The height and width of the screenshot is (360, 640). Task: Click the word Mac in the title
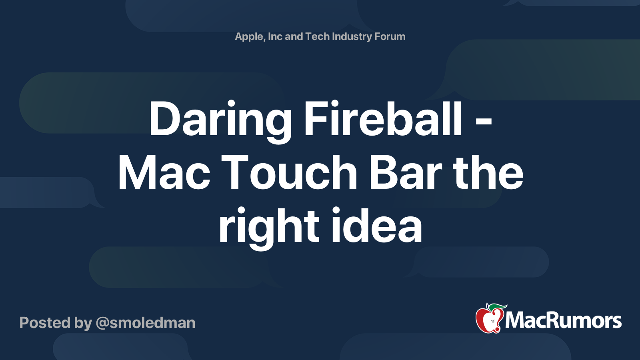pos(164,173)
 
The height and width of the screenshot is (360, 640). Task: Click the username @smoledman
pos(146,323)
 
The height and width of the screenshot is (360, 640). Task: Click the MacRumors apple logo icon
pos(489,320)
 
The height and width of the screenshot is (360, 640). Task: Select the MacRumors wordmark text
pos(563,321)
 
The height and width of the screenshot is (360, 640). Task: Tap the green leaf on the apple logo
pos(496,307)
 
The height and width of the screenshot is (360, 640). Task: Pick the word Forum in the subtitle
pos(390,36)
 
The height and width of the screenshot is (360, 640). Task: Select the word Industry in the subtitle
pos(352,37)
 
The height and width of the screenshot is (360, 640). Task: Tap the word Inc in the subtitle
pos(275,36)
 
